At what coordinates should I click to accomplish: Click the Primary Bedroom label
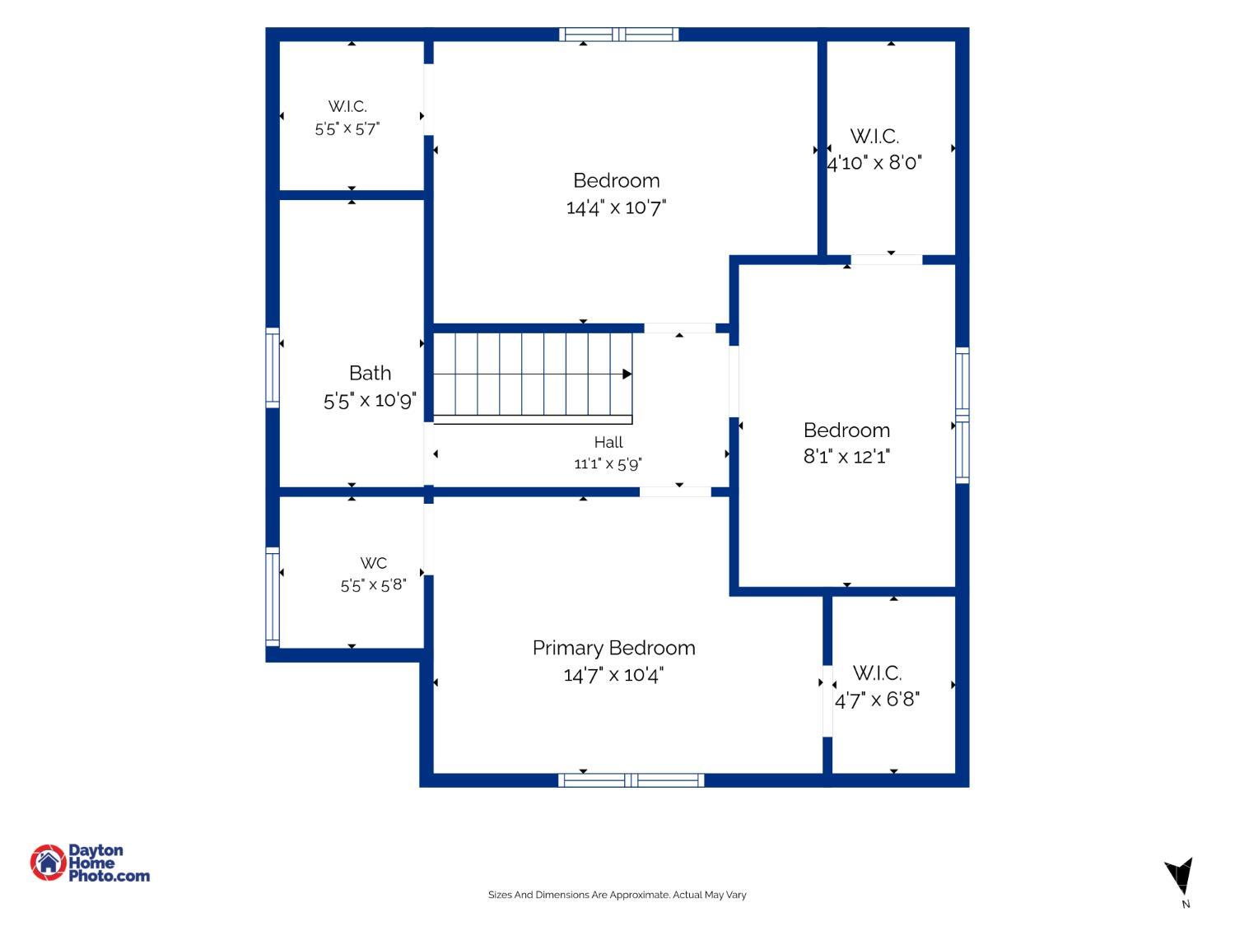tap(614, 649)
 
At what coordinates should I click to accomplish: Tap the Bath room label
tap(370, 373)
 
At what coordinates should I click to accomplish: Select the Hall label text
tap(608, 443)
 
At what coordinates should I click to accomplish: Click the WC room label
tap(374, 563)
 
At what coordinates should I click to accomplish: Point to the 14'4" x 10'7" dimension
tap(616, 207)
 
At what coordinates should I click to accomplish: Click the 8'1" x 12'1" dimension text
tap(846, 457)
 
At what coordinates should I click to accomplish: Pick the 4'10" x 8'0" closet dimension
tap(874, 163)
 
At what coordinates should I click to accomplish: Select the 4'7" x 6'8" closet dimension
tap(877, 700)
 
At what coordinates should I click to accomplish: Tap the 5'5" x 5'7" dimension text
tap(347, 129)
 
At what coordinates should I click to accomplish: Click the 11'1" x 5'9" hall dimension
tap(608, 464)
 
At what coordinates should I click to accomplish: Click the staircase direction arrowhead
tap(627, 374)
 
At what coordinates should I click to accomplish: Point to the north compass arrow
tap(1179, 876)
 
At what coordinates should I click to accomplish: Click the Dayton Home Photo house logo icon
tap(48, 862)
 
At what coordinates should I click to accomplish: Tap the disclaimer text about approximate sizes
tap(617, 895)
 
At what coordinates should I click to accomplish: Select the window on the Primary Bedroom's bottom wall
tap(631, 779)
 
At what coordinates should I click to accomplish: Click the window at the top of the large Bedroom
tap(619, 35)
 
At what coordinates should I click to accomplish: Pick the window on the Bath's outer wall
tap(273, 368)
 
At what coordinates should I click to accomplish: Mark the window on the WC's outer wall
tap(273, 597)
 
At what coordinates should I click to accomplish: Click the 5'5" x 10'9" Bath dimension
tap(370, 401)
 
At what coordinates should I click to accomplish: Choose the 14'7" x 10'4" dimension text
tap(614, 675)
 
